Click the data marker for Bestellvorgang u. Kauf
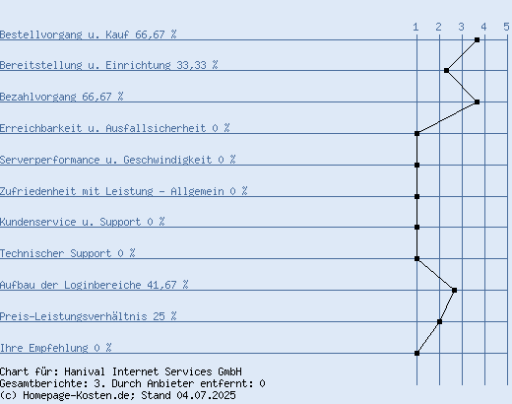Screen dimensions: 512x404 click(x=478, y=40)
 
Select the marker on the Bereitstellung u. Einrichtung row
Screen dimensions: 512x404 click(x=447, y=70)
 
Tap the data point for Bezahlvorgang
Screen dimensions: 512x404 click(x=478, y=102)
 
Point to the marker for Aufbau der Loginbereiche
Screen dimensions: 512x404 click(x=455, y=290)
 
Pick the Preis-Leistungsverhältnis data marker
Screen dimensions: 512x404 click(x=440, y=321)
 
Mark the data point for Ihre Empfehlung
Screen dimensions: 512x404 click(x=416, y=354)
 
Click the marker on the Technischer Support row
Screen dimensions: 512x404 click(x=416, y=258)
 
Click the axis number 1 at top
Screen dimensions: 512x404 click(x=416, y=27)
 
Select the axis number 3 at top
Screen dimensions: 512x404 click(x=462, y=27)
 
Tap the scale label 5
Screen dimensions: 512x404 click(x=507, y=27)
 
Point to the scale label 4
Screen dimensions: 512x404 click(x=483, y=27)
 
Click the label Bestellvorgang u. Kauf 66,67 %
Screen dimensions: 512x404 click(x=89, y=34)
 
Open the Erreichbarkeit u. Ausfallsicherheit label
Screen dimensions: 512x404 click(x=115, y=128)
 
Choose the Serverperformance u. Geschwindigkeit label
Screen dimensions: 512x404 click(x=118, y=160)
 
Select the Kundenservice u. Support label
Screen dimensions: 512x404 click(x=83, y=222)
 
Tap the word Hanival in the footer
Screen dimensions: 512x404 click(x=85, y=371)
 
